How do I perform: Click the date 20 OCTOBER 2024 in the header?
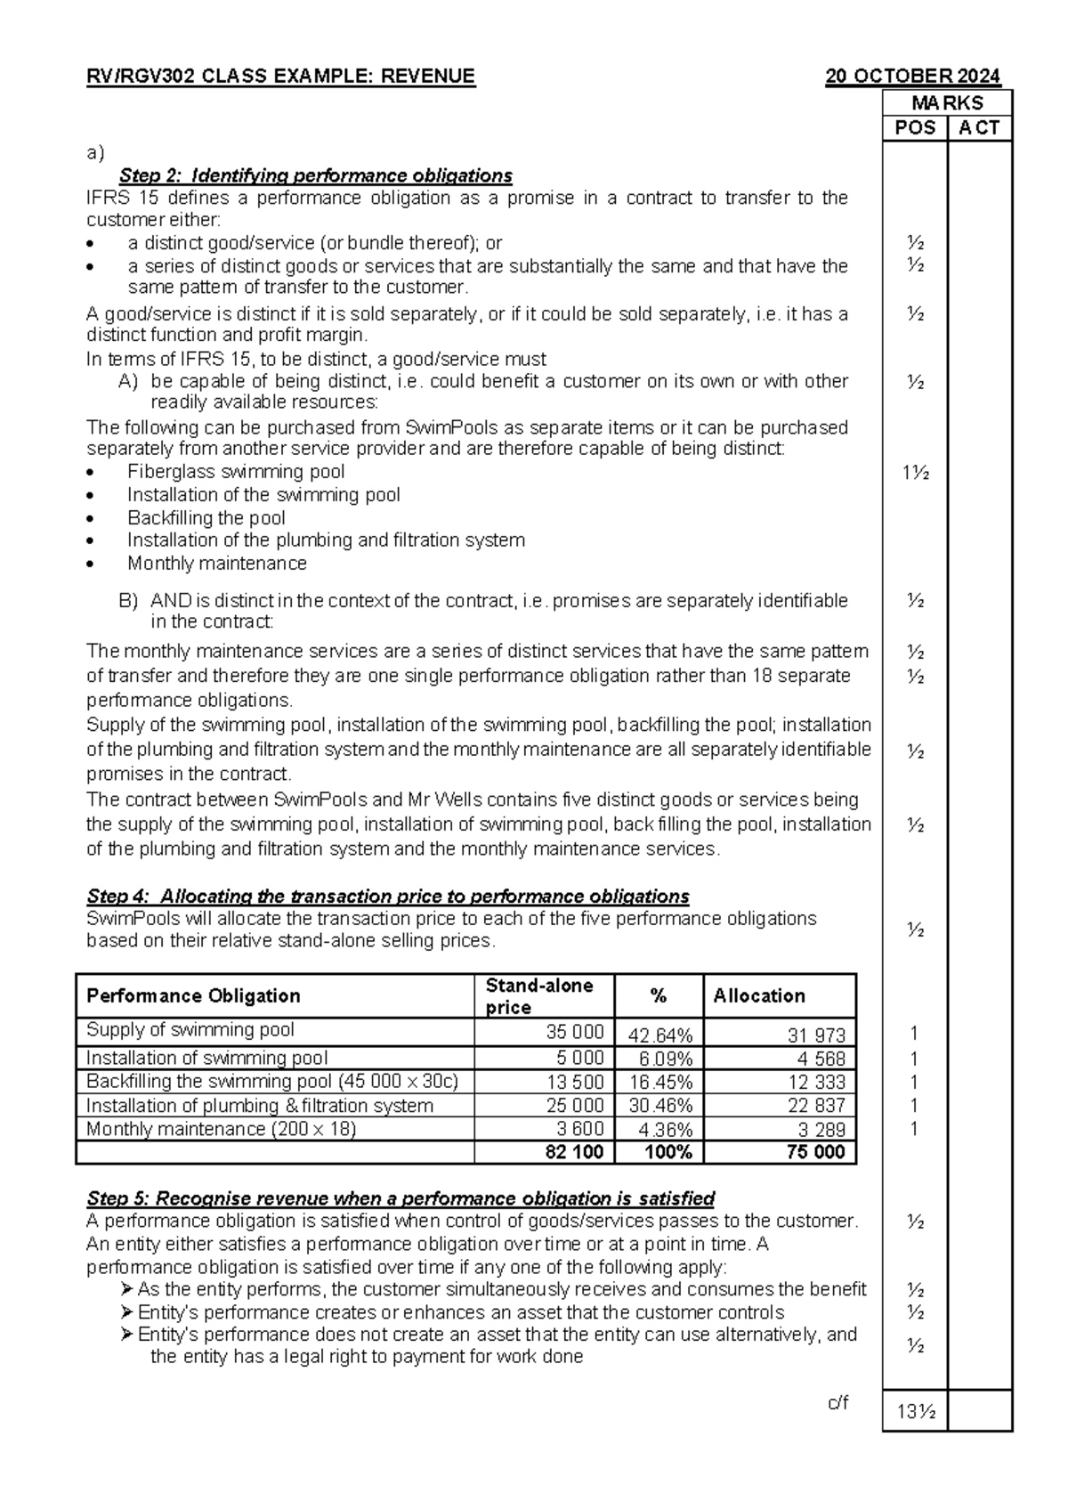click(x=912, y=77)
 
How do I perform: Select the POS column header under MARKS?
click(x=915, y=128)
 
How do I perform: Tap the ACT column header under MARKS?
click(x=979, y=128)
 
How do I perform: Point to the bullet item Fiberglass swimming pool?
click(x=236, y=472)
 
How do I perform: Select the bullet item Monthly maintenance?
click(x=217, y=564)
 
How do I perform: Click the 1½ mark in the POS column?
click(x=915, y=473)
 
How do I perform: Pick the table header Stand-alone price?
click(x=538, y=996)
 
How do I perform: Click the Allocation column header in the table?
click(x=759, y=996)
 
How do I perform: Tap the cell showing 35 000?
click(x=575, y=1032)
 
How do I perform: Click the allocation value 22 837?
click(x=816, y=1106)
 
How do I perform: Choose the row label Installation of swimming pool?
click(x=206, y=1059)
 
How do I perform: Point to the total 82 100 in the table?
click(x=574, y=1152)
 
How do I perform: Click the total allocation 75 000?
click(x=816, y=1152)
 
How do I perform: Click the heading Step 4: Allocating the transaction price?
click(x=387, y=896)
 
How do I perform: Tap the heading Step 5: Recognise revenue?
click(x=400, y=1198)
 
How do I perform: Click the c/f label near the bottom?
click(x=837, y=1404)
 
